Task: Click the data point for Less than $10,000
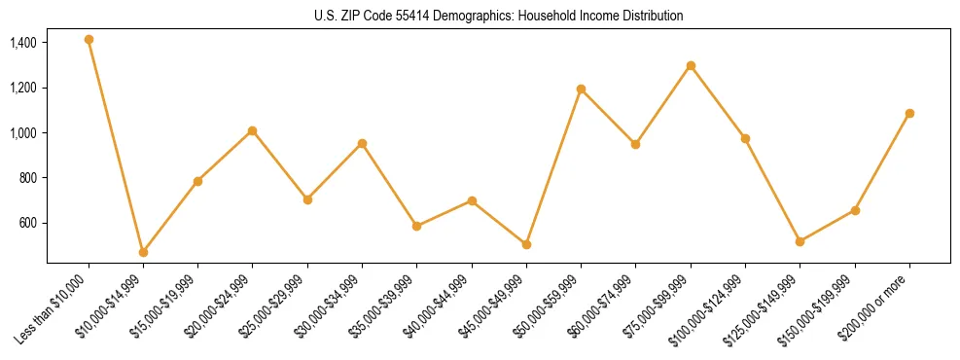89,40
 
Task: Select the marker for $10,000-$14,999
143,252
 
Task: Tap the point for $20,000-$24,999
253,130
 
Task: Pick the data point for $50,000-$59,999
581,89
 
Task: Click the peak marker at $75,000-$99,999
691,65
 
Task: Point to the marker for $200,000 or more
909,113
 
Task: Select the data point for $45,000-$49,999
526,244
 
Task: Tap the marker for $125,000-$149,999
800,241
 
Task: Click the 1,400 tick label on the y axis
23,43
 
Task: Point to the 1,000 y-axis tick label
23,133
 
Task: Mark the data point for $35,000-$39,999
416,226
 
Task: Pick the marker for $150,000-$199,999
855,210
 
